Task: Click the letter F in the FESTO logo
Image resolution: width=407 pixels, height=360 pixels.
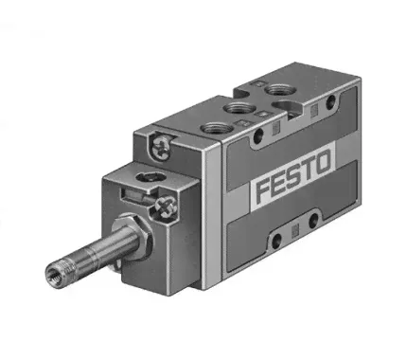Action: pyautogui.click(x=264, y=190)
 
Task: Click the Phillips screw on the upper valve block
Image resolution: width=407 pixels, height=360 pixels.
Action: pyautogui.click(x=161, y=147)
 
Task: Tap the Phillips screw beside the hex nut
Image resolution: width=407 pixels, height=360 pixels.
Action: pyautogui.click(x=166, y=207)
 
